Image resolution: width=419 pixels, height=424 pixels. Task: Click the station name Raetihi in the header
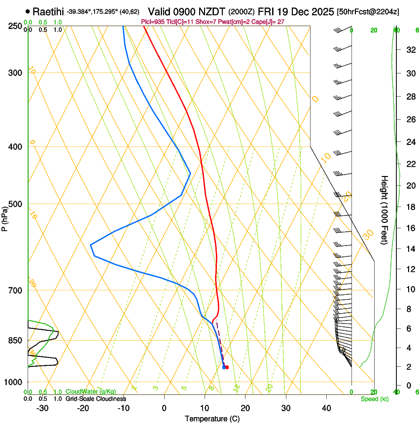[49, 11]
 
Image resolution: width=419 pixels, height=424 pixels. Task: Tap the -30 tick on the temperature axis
[42, 408]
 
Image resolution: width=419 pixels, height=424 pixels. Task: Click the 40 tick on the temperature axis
[326, 408]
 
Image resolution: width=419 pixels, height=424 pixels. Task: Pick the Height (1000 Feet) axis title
[385, 210]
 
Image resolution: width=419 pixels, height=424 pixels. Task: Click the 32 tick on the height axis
[410, 50]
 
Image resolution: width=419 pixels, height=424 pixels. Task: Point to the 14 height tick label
[410, 249]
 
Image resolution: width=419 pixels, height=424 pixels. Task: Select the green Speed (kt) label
[374, 399]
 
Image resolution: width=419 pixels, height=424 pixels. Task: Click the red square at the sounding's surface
[227, 367]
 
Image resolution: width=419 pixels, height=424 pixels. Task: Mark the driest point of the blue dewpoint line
[91, 245]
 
